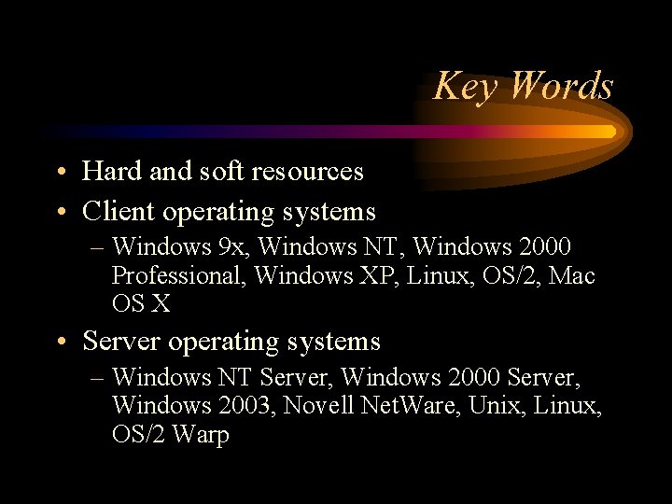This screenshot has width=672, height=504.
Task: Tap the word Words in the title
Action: [562, 86]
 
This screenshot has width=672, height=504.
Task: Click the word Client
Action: [119, 212]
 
